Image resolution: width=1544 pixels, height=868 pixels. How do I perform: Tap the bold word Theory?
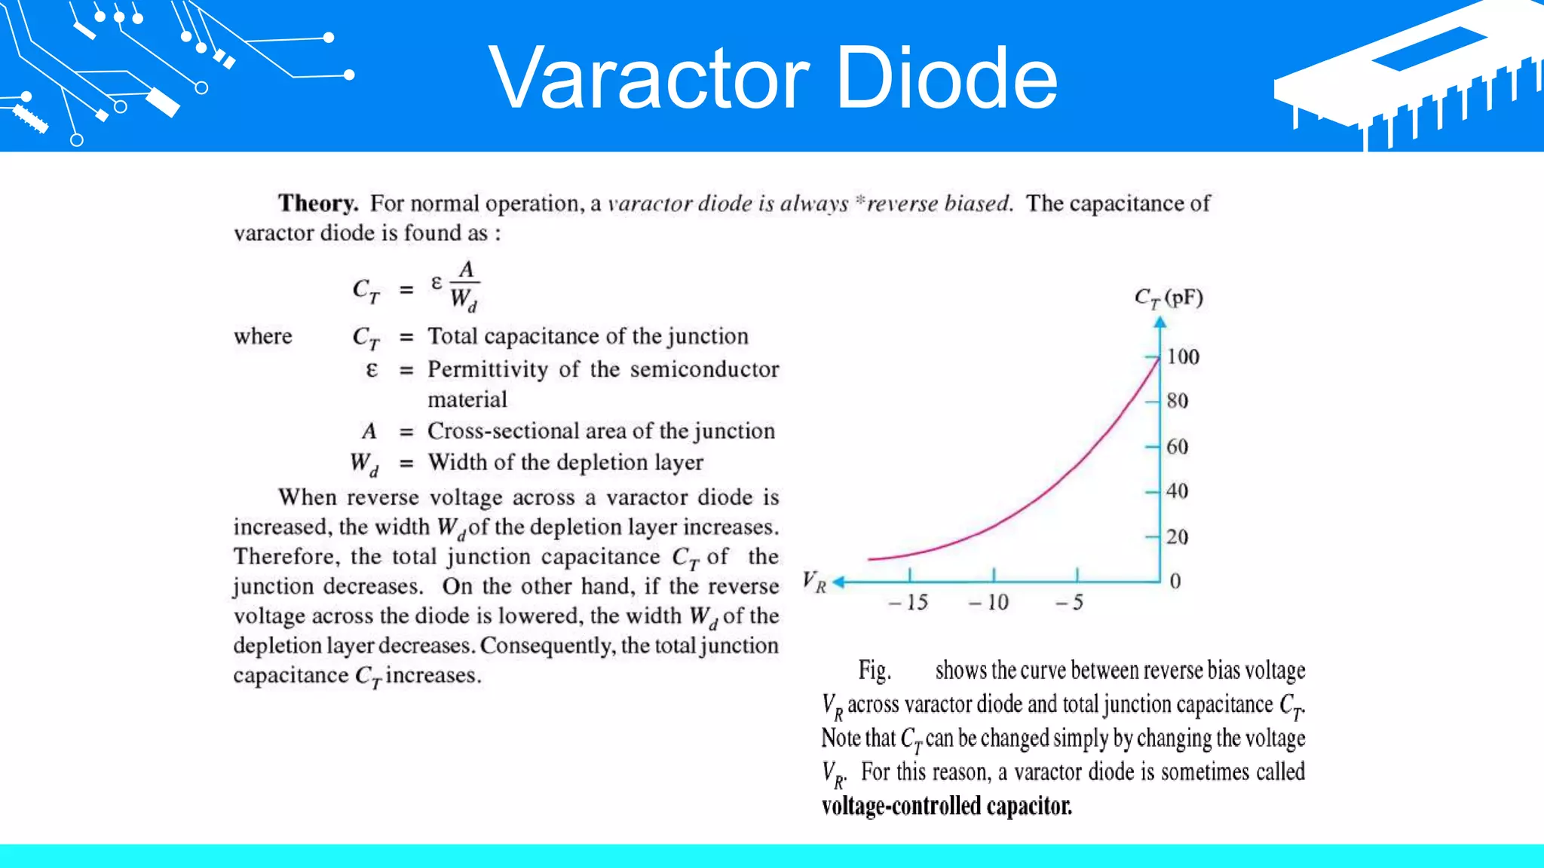click(x=317, y=203)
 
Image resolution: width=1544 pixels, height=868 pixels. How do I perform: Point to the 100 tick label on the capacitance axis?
click(x=1183, y=356)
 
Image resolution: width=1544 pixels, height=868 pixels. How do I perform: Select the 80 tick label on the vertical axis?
click(x=1177, y=401)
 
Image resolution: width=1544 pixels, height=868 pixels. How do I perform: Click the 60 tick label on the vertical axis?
click(x=1177, y=447)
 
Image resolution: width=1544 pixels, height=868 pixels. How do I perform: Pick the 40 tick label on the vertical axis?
click(x=1177, y=491)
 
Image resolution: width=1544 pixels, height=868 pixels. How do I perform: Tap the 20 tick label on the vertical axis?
click(x=1177, y=537)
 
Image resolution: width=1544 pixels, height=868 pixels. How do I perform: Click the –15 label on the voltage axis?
click(x=908, y=603)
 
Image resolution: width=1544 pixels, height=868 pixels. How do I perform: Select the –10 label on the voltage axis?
click(x=989, y=603)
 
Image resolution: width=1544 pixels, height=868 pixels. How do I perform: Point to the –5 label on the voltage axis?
click(x=1070, y=603)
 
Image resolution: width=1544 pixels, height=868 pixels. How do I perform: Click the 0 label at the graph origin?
click(x=1175, y=581)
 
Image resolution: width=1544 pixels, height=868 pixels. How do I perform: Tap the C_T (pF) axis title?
click(x=1169, y=298)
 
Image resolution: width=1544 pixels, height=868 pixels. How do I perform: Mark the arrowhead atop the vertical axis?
click(x=1160, y=322)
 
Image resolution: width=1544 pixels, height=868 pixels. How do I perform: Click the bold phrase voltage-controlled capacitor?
click(x=946, y=806)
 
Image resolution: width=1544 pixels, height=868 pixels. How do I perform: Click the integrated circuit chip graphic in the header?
click(x=1410, y=75)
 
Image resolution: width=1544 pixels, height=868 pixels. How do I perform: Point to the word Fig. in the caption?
click(x=875, y=670)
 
